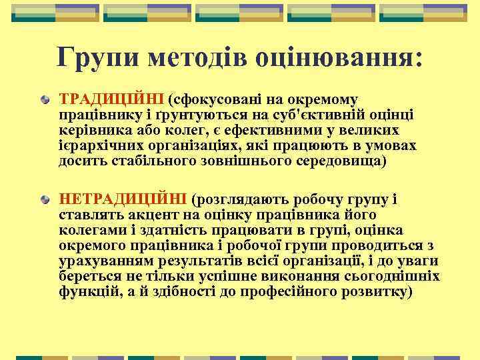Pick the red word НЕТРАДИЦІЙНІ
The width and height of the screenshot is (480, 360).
click(123, 199)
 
